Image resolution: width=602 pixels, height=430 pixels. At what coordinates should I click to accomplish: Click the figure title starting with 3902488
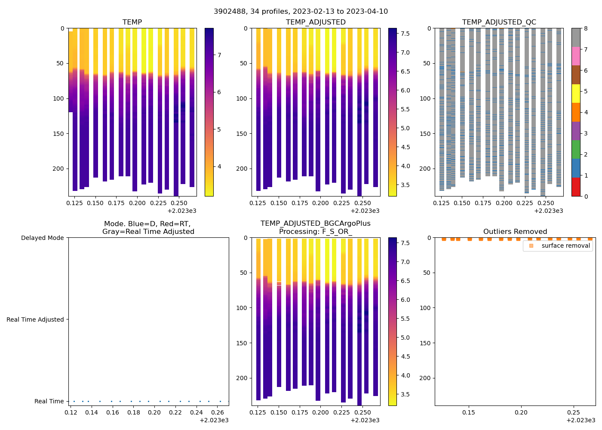pyautogui.click(x=301, y=12)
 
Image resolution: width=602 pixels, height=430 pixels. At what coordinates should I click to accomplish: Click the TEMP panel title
pyautogui.click(x=132, y=22)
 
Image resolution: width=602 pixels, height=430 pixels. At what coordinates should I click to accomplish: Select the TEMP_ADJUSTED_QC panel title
pyautogui.click(x=499, y=22)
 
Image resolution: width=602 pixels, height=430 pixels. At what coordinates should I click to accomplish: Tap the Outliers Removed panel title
pyautogui.click(x=515, y=232)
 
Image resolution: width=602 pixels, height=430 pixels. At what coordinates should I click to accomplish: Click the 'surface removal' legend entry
pyautogui.click(x=565, y=246)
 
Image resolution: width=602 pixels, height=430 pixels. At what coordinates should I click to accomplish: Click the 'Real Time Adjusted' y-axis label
pyautogui.click(x=35, y=319)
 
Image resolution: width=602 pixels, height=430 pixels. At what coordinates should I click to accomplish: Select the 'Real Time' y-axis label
pyautogui.click(x=49, y=401)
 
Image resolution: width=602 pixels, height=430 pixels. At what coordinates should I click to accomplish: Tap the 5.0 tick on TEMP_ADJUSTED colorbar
pyautogui.click(x=405, y=128)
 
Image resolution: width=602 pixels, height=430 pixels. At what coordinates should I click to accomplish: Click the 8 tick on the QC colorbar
pyautogui.click(x=586, y=28)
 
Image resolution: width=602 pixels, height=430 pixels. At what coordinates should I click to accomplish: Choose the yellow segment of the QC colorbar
pyautogui.click(x=576, y=94)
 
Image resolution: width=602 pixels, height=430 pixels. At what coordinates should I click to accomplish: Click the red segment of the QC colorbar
pyautogui.click(x=576, y=187)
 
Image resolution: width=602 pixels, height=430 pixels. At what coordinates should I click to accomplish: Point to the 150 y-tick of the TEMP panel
pyautogui.click(x=59, y=134)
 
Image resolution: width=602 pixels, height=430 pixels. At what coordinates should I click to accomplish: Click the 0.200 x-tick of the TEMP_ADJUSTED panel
pyautogui.click(x=320, y=203)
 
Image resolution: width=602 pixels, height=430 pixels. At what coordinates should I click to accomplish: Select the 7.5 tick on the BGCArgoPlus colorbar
pyautogui.click(x=405, y=243)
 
